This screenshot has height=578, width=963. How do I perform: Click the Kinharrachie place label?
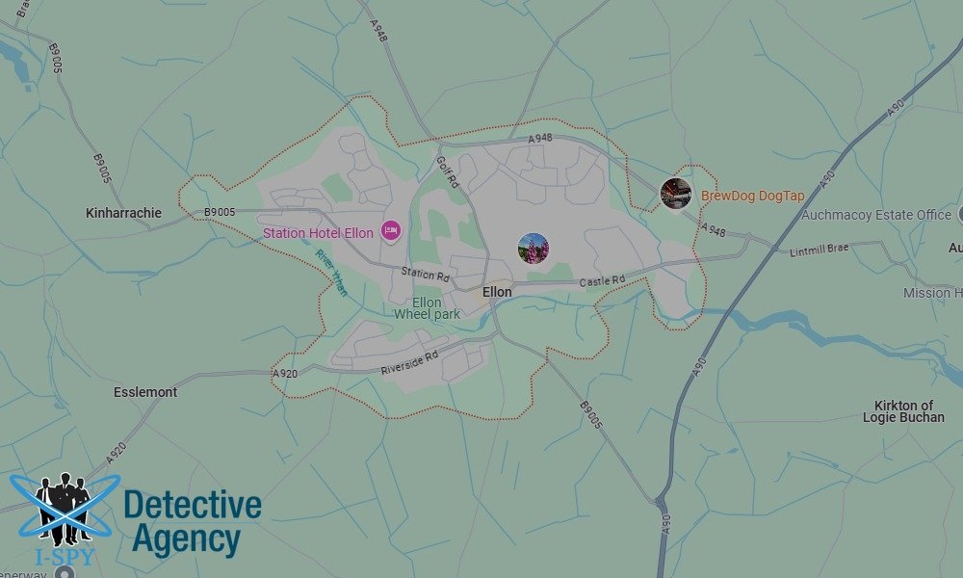pyautogui.click(x=124, y=212)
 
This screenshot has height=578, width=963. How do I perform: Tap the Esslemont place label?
pyautogui.click(x=145, y=392)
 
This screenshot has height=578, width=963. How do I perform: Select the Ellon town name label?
pyautogui.click(x=497, y=292)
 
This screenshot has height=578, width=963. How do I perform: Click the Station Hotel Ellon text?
pyautogui.click(x=318, y=233)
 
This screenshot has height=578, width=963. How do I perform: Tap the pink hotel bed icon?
pyautogui.click(x=390, y=230)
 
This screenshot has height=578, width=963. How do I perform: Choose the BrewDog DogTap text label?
pyautogui.click(x=752, y=196)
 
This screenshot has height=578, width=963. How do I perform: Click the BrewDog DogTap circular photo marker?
pyautogui.click(x=675, y=194)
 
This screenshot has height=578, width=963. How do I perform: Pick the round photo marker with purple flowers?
pyautogui.click(x=534, y=248)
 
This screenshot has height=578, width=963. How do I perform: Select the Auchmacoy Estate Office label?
pyautogui.click(x=876, y=215)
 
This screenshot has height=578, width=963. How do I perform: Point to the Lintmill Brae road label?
pyautogui.click(x=820, y=250)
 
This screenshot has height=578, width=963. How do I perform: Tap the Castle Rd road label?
pyautogui.click(x=602, y=281)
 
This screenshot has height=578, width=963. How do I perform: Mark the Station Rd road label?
pyautogui.click(x=426, y=274)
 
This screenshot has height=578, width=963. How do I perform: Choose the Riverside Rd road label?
pyautogui.click(x=409, y=361)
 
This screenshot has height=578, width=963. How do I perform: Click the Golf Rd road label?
pyautogui.click(x=449, y=172)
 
